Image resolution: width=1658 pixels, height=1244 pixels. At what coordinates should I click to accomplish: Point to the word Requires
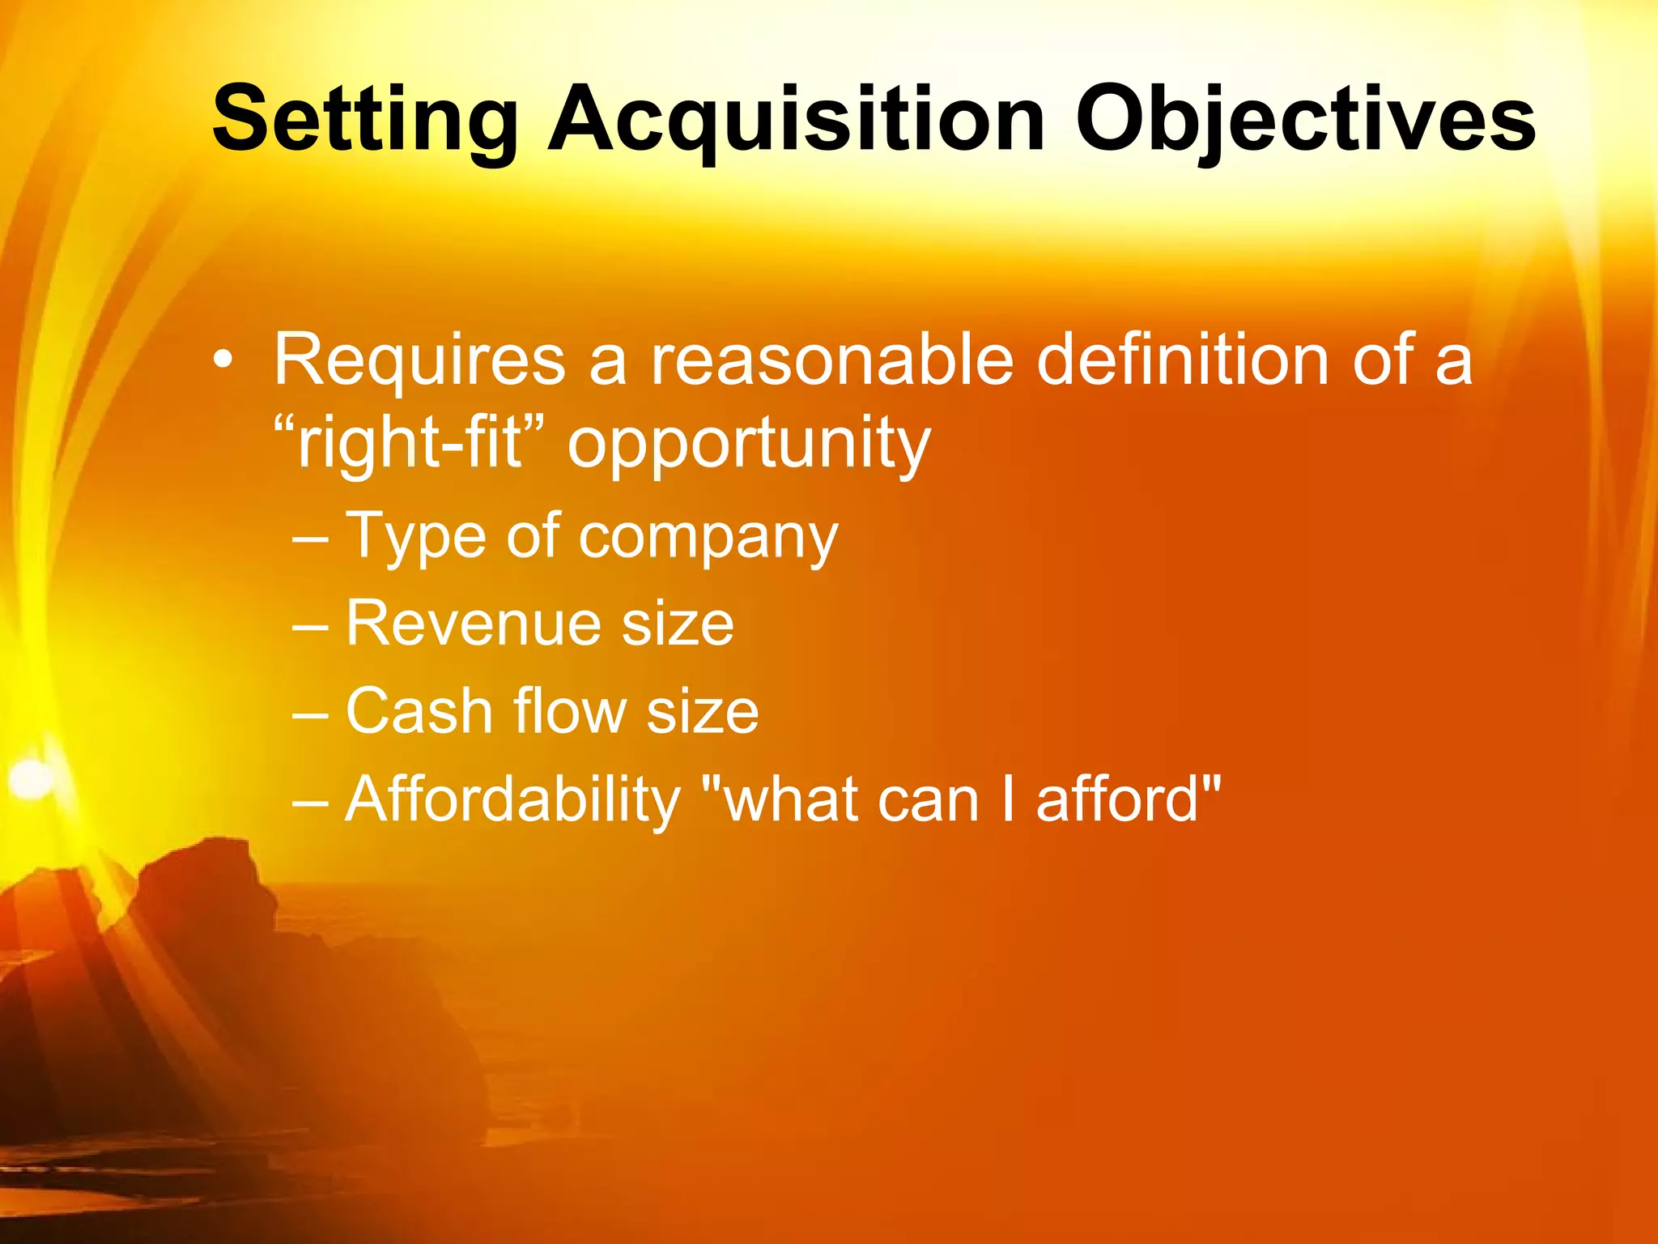[419, 361]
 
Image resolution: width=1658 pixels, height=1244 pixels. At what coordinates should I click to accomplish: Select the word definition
[1183, 360]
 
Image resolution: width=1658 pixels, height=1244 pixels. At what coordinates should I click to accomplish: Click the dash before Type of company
[310, 538]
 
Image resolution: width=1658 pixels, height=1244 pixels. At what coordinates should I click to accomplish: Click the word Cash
[419, 711]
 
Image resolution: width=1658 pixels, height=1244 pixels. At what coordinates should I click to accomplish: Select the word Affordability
[512, 800]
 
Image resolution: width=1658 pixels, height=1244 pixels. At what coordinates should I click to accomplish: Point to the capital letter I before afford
[1007, 799]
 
